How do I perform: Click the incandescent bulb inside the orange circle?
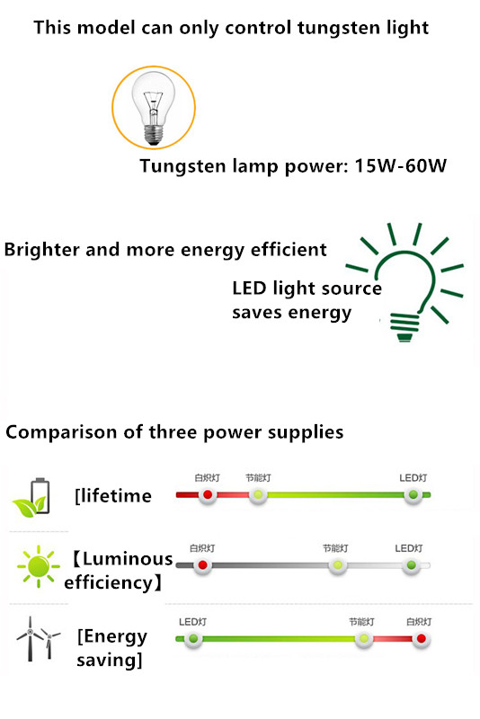click(x=154, y=108)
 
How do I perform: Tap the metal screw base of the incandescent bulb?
click(x=154, y=136)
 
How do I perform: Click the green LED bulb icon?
click(x=405, y=282)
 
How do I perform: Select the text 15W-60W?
click(x=401, y=165)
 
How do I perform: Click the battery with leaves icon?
click(x=31, y=498)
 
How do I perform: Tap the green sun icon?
click(x=39, y=566)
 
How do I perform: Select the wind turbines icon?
click(x=38, y=639)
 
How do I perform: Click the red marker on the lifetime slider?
click(x=208, y=495)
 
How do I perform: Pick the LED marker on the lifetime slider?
click(x=413, y=495)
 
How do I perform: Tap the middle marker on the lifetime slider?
click(x=258, y=495)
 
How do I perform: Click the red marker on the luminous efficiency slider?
click(x=202, y=565)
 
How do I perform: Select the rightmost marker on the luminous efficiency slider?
click(x=411, y=565)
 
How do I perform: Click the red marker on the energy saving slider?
click(x=422, y=639)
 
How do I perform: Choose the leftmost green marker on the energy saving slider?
click(x=193, y=639)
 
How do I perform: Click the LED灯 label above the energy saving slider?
click(x=192, y=622)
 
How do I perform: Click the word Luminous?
click(x=128, y=559)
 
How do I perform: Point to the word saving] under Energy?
click(x=110, y=661)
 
